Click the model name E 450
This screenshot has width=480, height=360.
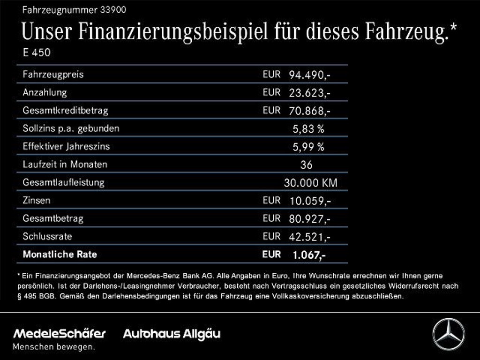[x=37, y=53]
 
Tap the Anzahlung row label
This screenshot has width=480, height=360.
[x=45, y=93]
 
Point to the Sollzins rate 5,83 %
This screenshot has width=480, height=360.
[x=308, y=129]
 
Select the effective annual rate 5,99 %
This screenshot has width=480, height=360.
[x=308, y=147]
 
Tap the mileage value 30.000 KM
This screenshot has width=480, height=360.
[x=310, y=183]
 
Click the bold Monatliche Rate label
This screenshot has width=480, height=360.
[x=60, y=255]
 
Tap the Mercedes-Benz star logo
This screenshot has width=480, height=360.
[x=448, y=334]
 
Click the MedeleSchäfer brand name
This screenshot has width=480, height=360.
[x=60, y=334]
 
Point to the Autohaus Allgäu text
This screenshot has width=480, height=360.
[x=172, y=334]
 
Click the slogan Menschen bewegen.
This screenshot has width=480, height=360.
[x=53, y=347]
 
